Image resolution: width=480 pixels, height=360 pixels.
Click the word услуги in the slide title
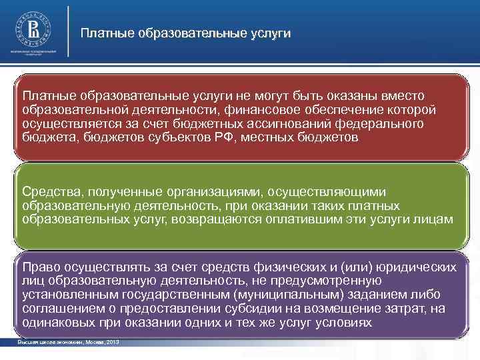pos(271,33)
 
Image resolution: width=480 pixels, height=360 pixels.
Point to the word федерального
pos(372,123)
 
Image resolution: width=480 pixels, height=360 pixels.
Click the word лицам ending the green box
pos(435,219)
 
